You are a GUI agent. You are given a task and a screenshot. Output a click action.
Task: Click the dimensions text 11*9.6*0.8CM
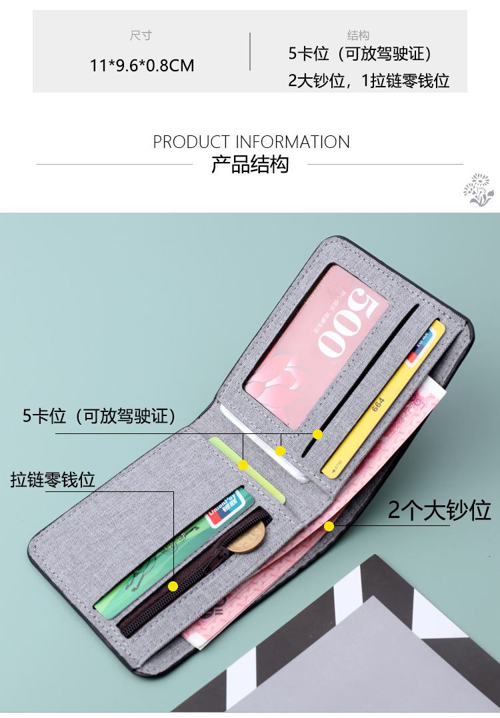tap(142, 65)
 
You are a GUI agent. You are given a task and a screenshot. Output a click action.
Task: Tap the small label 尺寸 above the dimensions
tap(141, 35)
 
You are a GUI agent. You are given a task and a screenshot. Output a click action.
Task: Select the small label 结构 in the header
tap(358, 35)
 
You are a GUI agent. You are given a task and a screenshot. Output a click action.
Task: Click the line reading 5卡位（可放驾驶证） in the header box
tap(361, 54)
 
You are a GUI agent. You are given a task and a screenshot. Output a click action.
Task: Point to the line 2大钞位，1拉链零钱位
tap(369, 81)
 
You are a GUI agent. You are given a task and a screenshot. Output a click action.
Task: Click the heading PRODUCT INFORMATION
tap(251, 142)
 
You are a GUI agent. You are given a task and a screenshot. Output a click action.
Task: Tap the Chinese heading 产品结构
tap(250, 165)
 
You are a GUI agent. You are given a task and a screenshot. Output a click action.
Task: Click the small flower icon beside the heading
tap(479, 189)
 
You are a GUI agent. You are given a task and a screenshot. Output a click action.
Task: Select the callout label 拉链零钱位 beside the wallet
tap(53, 479)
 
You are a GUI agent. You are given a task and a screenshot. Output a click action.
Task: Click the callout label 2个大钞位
tap(439, 510)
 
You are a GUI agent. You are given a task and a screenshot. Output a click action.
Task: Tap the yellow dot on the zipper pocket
tap(173, 586)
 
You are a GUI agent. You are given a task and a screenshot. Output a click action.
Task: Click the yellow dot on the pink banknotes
tap(329, 527)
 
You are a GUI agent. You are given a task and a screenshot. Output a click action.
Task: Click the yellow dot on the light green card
tap(244, 465)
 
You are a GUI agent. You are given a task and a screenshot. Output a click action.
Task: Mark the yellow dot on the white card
tap(281, 451)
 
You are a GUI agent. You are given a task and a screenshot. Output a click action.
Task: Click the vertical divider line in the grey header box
tap(250, 51)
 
